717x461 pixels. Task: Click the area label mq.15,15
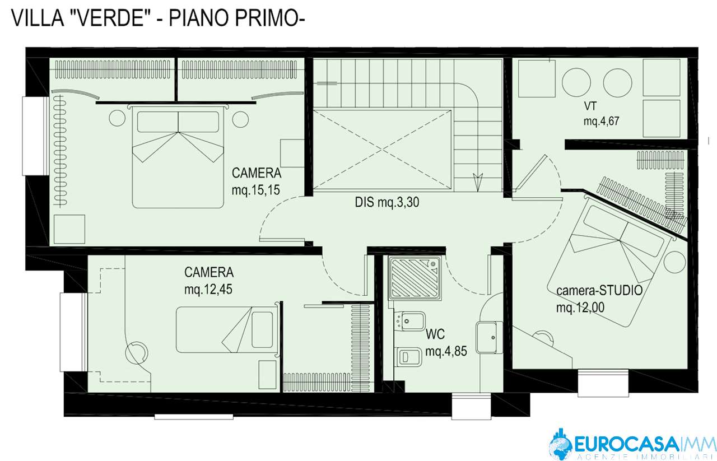pyautogui.click(x=256, y=189)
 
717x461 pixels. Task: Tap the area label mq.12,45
pyautogui.click(x=208, y=289)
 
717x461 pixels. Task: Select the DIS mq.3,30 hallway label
pyautogui.click(x=387, y=202)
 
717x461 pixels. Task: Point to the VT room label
pyautogui.click(x=590, y=106)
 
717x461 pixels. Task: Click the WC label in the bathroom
pyautogui.click(x=435, y=334)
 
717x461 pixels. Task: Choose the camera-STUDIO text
pyautogui.click(x=599, y=290)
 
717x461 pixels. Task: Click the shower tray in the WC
pyautogui.click(x=415, y=278)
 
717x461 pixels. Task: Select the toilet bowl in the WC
pyautogui.click(x=408, y=357)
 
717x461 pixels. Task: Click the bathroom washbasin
pyautogui.click(x=489, y=337)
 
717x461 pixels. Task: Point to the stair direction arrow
pyautogui.click(x=478, y=182)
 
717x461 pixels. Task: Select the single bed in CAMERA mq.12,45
pyautogui.click(x=227, y=330)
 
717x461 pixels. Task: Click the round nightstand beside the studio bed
pyautogui.click(x=675, y=262)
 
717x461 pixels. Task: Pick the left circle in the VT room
pyautogui.click(x=576, y=82)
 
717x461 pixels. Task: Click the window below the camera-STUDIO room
pyautogui.click(x=603, y=383)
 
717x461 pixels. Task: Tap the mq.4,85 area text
pyautogui.click(x=446, y=351)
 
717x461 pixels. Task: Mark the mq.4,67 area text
pyautogui.click(x=602, y=121)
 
